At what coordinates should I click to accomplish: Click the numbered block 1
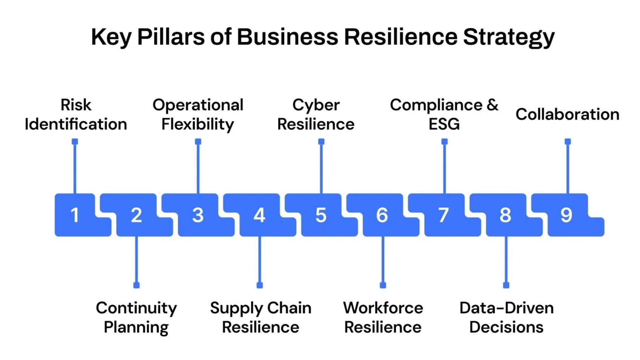(75, 215)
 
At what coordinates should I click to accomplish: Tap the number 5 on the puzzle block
(321, 215)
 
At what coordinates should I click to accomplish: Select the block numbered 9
(566, 215)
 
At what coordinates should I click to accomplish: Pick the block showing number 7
(443, 215)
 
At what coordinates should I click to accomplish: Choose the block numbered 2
(136, 215)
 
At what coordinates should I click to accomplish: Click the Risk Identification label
(76, 114)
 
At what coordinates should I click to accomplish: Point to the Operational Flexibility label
(198, 114)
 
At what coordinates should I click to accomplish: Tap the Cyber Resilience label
(316, 114)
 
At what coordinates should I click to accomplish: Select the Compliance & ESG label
(444, 114)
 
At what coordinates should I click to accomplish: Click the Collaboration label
(568, 114)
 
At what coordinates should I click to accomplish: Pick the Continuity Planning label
(136, 317)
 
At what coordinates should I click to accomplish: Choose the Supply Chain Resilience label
(260, 317)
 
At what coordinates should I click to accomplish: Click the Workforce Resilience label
(383, 317)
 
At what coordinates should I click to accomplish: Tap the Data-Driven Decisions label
(506, 317)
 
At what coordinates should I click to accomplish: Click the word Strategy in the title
(509, 37)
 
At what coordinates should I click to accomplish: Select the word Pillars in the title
(171, 37)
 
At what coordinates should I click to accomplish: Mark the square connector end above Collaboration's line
(568, 142)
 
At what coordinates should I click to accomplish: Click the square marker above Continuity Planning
(137, 285)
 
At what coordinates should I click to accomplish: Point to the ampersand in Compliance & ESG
(492, 105)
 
